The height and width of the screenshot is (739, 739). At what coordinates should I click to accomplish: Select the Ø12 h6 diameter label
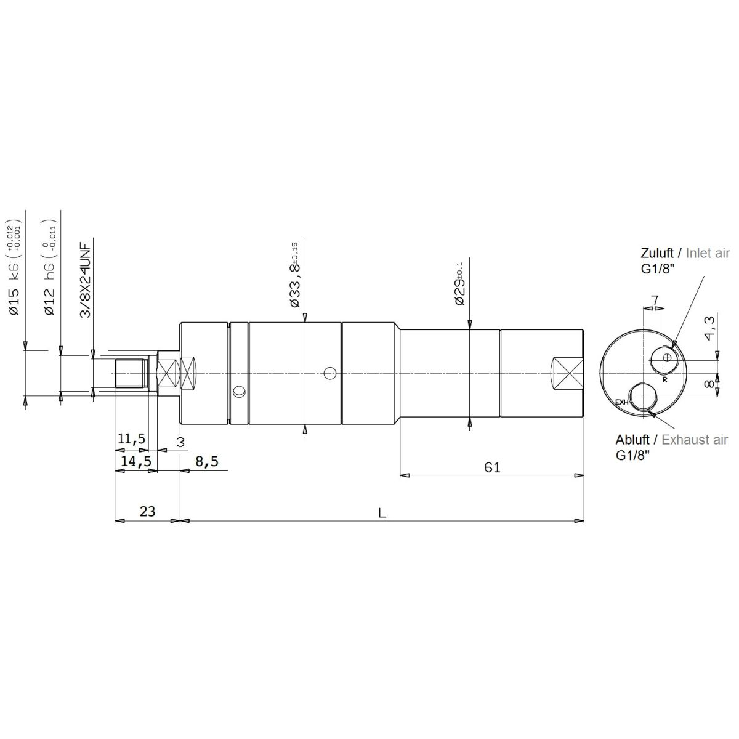click(x=49, y=269)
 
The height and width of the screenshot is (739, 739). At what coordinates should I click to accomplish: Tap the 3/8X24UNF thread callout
click(x=85, y=280)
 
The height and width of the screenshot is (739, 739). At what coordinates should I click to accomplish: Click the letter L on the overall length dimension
click(x=382, y=513)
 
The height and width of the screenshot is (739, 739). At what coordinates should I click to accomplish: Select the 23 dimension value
click(x=147, y=511)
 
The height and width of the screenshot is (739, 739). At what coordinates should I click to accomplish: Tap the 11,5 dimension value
click(x=132, y=438)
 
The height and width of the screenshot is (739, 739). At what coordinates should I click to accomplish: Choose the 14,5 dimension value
click(x=135, y=461)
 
